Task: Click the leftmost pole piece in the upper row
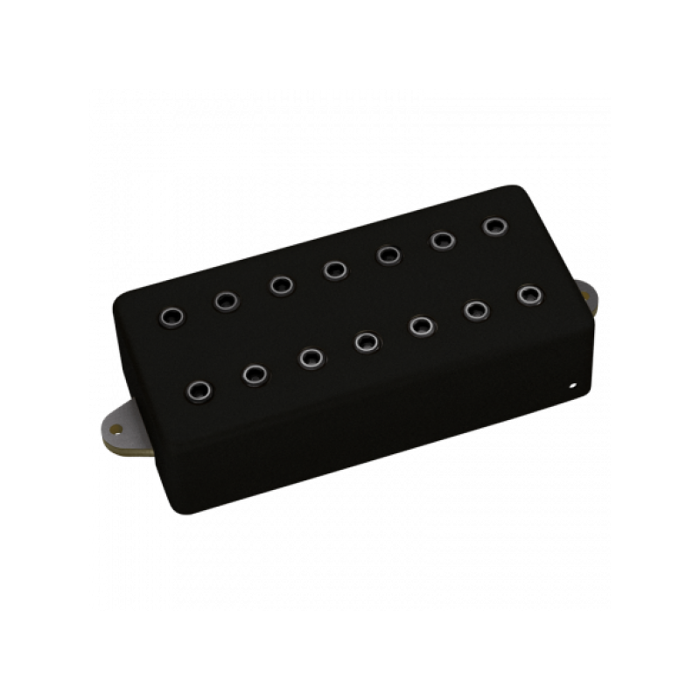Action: [x=169, y=313]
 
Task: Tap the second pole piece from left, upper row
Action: [x=224, y=300]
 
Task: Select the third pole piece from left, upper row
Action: [x=280, y=285]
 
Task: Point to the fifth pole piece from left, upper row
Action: [x=388, y=255]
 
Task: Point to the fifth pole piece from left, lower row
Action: [x=421, y=326]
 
